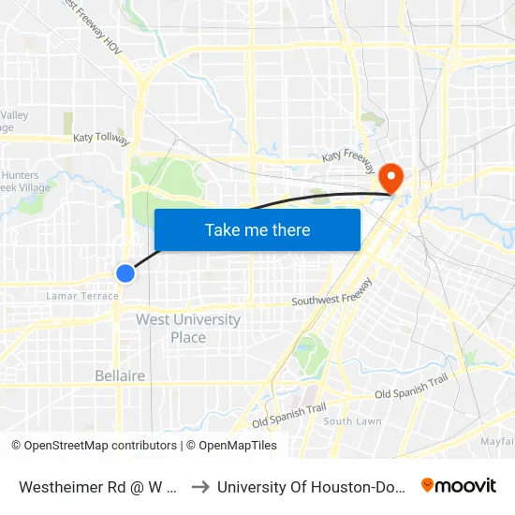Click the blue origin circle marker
125,272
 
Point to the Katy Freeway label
348,162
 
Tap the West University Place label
188,328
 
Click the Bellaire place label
120,375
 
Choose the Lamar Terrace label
82,296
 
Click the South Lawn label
352,421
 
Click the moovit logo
459,486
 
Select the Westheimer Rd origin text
97,487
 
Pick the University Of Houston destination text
310,487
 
